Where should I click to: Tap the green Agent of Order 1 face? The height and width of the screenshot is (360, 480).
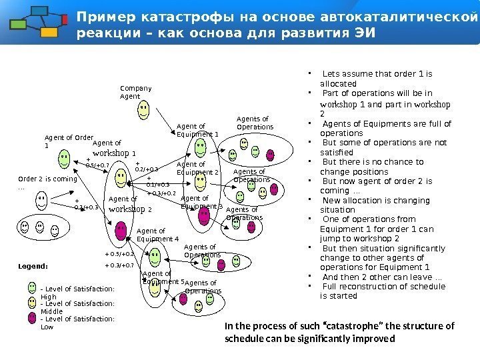coord(63,158)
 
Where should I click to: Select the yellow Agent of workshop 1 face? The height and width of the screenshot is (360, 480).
coord(120,177)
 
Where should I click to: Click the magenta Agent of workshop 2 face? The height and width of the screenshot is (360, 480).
coord(121,231)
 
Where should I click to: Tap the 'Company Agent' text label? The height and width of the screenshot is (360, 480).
coord(135,92)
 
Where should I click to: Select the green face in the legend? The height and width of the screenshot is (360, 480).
coord(33,289)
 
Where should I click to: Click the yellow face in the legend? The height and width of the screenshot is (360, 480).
coord(33,303)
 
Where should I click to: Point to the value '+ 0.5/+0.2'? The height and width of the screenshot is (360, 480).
coord(120,254)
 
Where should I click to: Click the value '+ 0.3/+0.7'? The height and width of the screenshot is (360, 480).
coord(119,265)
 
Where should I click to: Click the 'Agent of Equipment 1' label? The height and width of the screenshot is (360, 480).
coord(197,129)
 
